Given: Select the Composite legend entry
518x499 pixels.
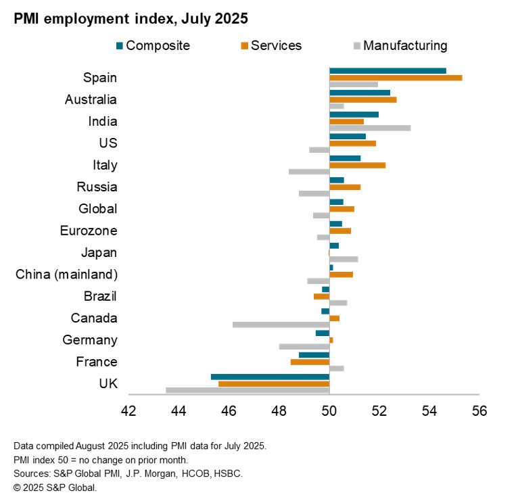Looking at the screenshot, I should coord(153,46).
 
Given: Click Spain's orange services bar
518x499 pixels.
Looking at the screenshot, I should coord(396,78).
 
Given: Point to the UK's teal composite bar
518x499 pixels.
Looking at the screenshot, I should coord(270,377).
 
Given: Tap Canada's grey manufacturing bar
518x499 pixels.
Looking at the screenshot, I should coord(281,325).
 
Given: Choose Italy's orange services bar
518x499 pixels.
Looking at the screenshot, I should coord(357,165).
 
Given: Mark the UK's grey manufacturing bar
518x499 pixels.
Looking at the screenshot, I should coord(248,390).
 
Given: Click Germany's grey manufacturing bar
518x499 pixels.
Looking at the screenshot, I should coord(304,347).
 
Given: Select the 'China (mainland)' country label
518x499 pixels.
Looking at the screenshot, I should coord(66,275).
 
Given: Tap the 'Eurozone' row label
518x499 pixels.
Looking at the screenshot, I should coord(89,231).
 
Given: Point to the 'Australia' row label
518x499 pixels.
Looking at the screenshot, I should coord(91,99).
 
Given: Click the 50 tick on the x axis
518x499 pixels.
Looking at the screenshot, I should coord(329,410).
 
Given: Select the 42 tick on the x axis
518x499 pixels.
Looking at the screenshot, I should coord(128,410).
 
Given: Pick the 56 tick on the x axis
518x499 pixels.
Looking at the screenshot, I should coord(479,410).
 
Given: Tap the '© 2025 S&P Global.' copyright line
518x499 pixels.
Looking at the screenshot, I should coord(55,487).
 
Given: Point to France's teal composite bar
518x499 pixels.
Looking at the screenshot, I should coord(314,355).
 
